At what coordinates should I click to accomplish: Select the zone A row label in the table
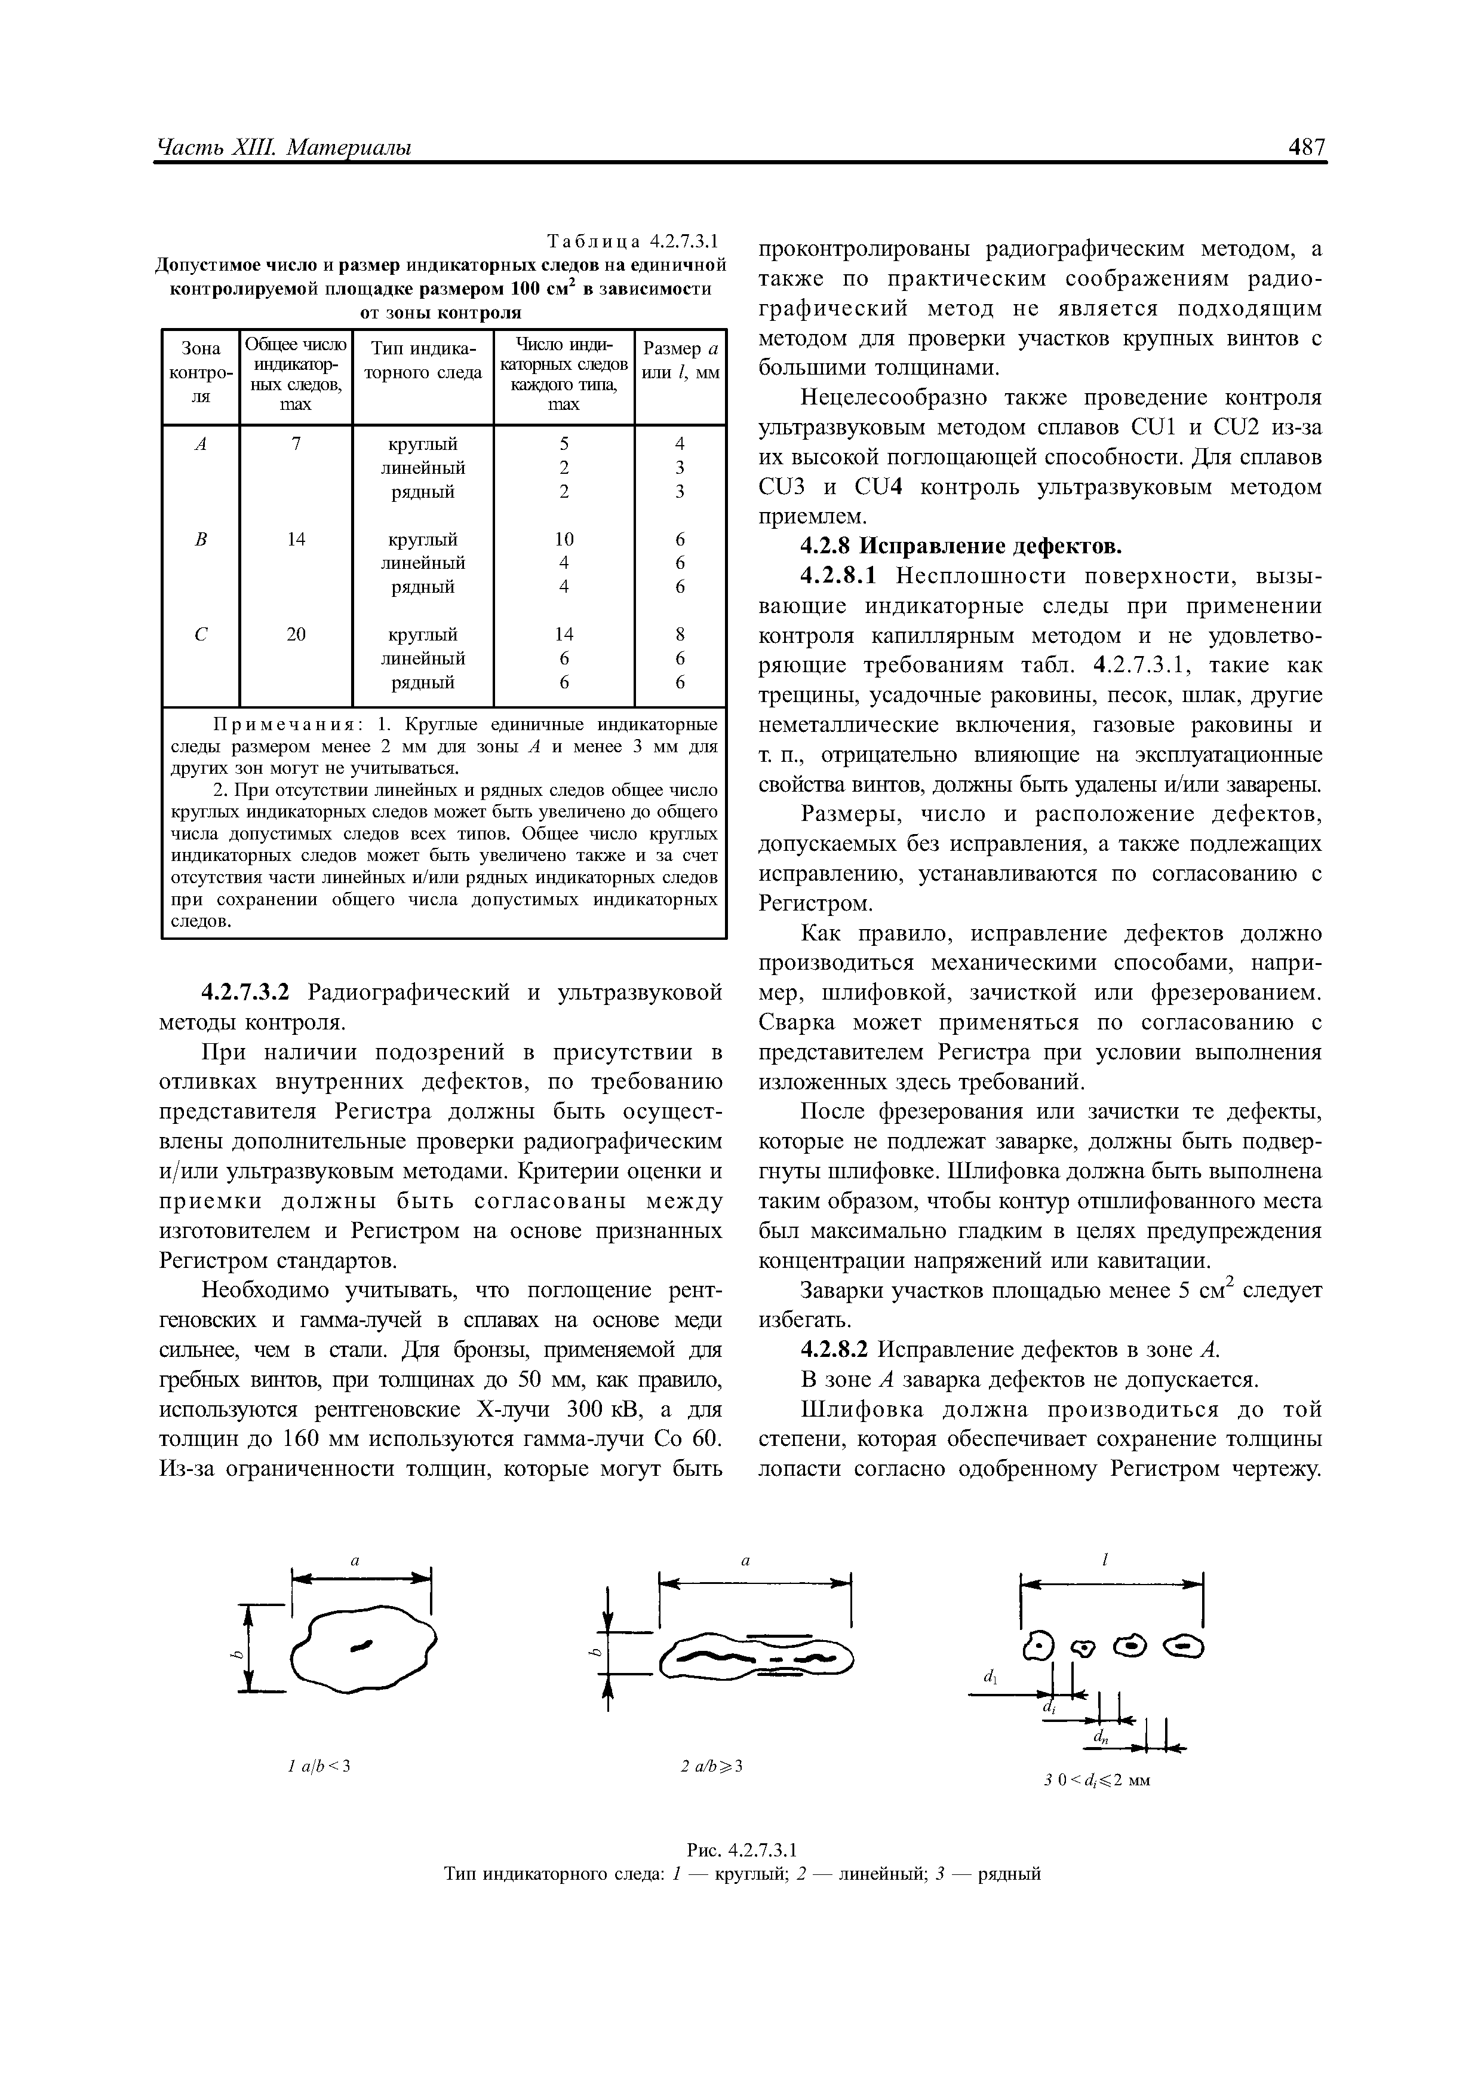[201, 444]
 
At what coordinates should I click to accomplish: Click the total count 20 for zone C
[296, 633]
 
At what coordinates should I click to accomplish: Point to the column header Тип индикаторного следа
[422, 361]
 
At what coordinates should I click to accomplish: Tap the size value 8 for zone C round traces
[680, 633]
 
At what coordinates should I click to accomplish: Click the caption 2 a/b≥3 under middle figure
[712, 1766]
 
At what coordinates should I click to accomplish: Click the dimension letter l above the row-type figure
[1105, 1561]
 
